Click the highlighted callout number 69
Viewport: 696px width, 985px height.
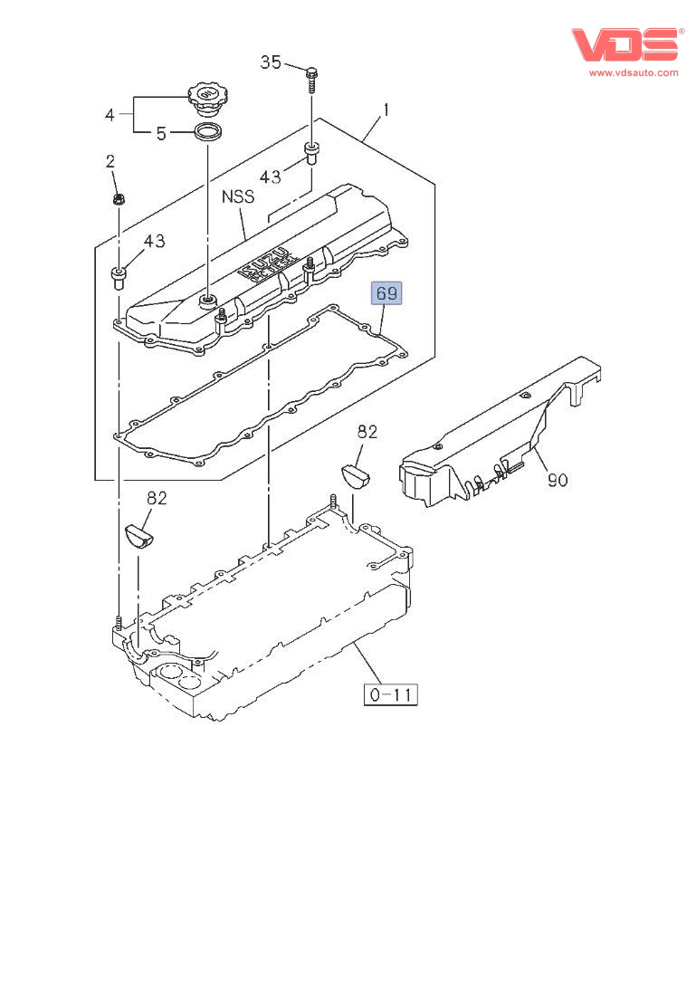click(x=386, y=292)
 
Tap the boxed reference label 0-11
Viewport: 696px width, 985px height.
click(x=391, y=694)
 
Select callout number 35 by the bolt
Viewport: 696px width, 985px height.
click(x=271, y=62)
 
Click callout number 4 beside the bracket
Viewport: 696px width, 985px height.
click(x=110, y=115)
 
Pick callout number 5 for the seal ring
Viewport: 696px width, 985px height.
click(x=161, y=134)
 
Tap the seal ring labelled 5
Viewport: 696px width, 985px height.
click(x=209, y=135)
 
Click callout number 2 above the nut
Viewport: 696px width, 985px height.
click(x=110, y=162)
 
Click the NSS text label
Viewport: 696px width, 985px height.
click(x=238, y=196)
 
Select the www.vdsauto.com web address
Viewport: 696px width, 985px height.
click(x=634, y=72)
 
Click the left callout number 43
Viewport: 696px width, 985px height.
click(x=154, y=241)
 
